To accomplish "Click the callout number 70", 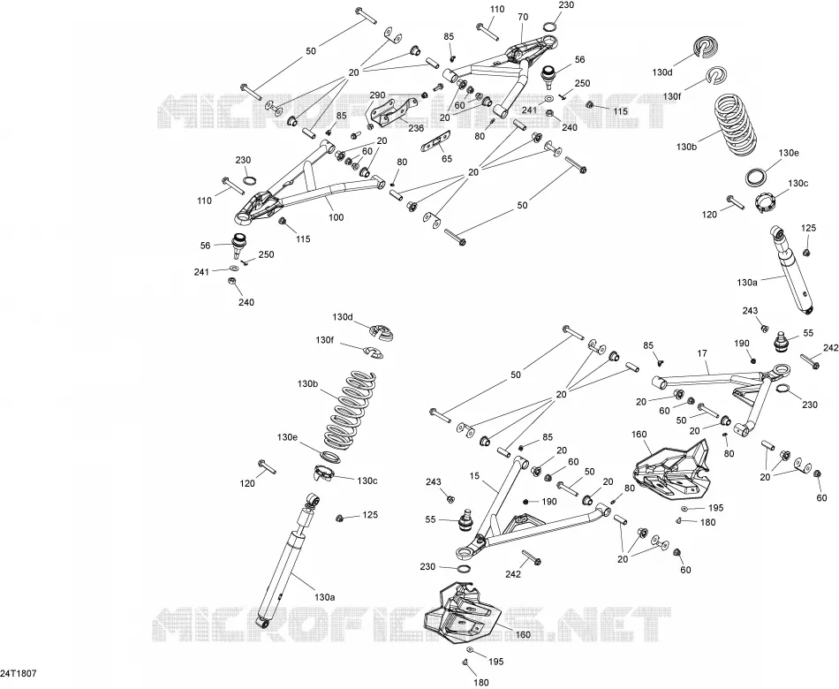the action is click(523, 17).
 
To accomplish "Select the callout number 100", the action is click(336, 217).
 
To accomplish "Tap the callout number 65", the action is click(447, 158).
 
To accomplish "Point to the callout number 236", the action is click(416, 128).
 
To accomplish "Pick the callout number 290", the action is click(377, 95).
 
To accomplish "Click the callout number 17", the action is click(702, 353).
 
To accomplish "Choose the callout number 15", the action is click(474, 475).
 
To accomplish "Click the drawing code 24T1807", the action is click(19, 673).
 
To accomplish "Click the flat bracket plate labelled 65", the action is click(435, 143).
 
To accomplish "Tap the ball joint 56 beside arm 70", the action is click(548, 77).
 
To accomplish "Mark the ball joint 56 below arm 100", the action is click(239, 245).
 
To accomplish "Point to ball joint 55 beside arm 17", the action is click(782, 341).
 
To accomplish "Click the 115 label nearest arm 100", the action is click(304, 238).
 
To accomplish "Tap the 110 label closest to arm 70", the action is click(496, 9).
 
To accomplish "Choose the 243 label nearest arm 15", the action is click(434, 481).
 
